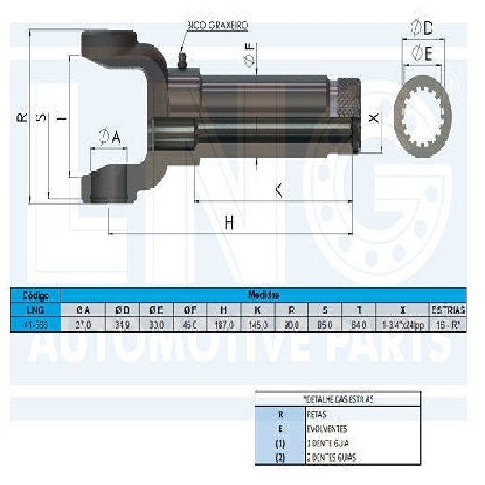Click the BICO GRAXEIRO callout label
[217, 26]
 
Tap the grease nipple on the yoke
[182, 60]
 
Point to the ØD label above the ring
[421, 28]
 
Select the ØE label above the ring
[421, 54]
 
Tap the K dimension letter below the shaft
[278, 191]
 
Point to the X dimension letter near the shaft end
[373, 118]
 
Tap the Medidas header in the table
[264, 296]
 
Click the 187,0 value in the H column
[222, 323]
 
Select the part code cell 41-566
[35, 323]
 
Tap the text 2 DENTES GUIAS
[330, 458]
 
